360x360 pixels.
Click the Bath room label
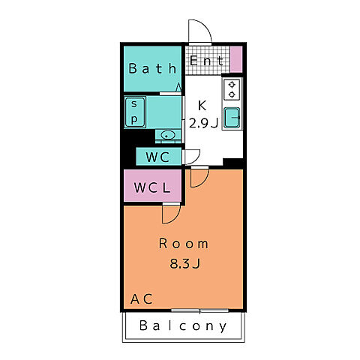152,68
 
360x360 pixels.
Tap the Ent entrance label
206,61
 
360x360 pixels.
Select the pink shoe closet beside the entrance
236,59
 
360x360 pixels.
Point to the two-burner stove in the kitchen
232,90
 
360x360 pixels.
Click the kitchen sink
232,118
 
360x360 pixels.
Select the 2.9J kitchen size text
203,123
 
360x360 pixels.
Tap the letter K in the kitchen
202,106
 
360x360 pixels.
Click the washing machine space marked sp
135,112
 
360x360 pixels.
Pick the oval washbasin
168,136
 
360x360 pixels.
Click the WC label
157,157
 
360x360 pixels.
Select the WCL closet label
152,187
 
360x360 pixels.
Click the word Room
184,244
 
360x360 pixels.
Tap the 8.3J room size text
185,263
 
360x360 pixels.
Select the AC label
142,299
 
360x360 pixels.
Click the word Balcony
183,325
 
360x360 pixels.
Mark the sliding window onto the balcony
199,310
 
